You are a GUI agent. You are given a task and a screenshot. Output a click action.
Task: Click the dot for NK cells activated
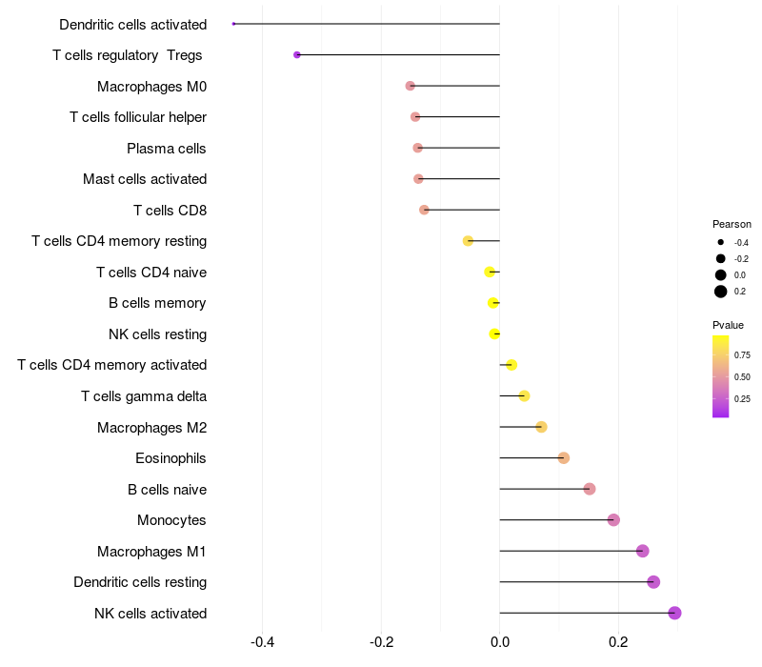674,613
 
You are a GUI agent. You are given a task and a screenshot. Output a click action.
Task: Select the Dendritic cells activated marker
234,24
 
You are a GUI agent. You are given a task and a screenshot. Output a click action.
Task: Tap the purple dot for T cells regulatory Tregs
297,55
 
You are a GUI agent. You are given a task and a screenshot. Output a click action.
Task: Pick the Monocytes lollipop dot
613,519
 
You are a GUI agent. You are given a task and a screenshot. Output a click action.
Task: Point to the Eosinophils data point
564,458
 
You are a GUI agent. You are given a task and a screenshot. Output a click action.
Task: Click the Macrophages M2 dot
541,427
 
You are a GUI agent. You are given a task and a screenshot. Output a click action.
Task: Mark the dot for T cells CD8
424,210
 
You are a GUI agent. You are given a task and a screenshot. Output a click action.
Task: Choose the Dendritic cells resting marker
653,582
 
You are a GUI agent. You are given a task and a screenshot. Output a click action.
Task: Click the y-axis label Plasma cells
167,149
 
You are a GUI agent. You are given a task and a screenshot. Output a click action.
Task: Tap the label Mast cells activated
145,179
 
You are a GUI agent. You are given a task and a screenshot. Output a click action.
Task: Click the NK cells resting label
158,334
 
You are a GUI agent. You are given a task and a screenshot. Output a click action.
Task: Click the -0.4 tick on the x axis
263,642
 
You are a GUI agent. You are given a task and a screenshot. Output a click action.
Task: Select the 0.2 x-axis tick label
618,642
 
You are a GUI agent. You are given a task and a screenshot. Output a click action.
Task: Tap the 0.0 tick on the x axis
500,642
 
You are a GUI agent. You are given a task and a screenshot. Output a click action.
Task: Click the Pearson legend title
732,224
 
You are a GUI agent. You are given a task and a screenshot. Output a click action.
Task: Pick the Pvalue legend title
728,325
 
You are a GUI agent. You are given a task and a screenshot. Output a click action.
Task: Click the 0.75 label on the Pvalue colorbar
742,355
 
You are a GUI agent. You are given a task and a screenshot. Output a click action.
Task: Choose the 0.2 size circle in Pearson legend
721,292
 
